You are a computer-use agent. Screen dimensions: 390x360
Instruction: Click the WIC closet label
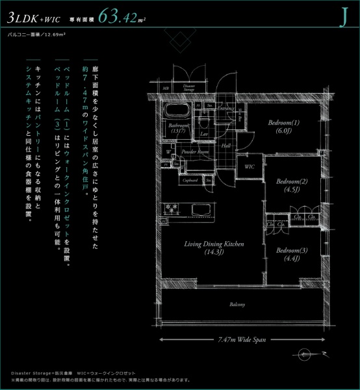pyautogui.click(x=249, y=167)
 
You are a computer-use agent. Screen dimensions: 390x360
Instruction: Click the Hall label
pyautogui.click(x=226, y=146)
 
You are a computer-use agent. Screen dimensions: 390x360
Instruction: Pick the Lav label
pyautogui.click(x=203, y=133)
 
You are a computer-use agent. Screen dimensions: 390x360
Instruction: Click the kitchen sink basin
pyautogui.click(x=199, y=209)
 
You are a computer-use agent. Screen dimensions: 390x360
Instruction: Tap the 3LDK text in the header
pyautogui.click(x=23, y=16)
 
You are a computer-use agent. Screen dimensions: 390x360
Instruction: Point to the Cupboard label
pyautogui.click(x=190, y=179)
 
